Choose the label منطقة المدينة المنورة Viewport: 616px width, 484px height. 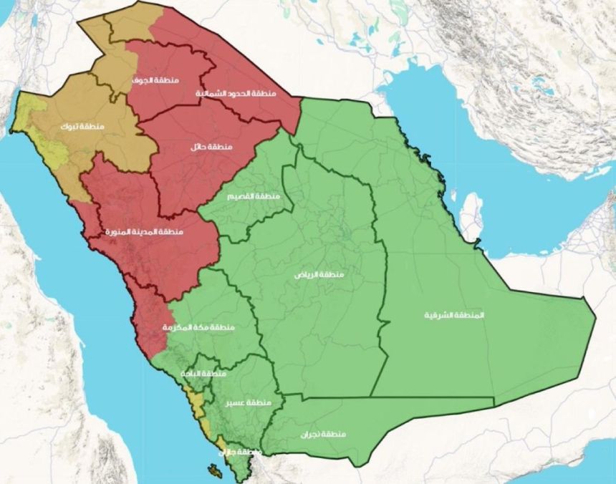[144, 233]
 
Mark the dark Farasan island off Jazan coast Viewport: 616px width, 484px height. [213, 471]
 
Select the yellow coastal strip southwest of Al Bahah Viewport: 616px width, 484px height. [192, 400]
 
